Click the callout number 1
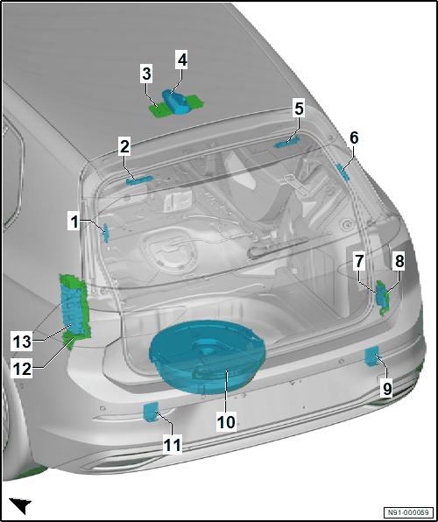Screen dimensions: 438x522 pos(74,222)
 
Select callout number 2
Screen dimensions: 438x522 pos(124,147)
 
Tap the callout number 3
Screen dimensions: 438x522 pos(146,74)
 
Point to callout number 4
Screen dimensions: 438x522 pos(182,60)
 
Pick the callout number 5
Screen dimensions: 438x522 pos(299,109)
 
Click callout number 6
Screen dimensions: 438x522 pos(354,138)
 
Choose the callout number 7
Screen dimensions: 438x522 pos(359,262)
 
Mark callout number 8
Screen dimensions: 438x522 pos(399,262)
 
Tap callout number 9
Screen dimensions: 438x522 pos(386,389)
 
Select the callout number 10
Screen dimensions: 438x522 pos(227,422)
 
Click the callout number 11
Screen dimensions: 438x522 pos(173,445)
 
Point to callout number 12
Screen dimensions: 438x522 pos(22,369)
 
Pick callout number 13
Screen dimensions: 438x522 pos(22,342)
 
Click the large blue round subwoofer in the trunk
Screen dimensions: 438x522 pos(208,356)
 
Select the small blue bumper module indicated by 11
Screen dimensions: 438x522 pos(151,412)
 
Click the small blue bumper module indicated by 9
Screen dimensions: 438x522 pos(371,356)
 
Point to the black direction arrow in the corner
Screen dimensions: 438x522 pos(21,504)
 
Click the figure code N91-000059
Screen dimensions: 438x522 pos(409,511)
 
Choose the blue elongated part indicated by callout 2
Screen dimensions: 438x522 pos(139,180)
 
